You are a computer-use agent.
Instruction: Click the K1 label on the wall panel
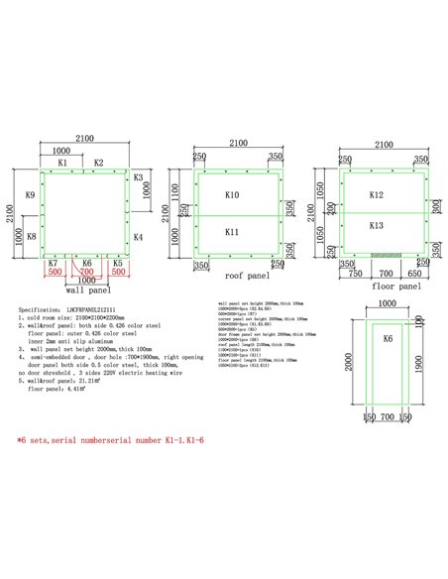(61, 162)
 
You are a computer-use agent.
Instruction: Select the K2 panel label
(98, 162)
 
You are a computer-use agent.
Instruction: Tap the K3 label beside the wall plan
(138, 178)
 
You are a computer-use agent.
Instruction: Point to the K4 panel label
(138, 237)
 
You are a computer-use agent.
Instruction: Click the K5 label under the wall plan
(118, 263)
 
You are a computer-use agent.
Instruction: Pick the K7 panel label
(53, 263)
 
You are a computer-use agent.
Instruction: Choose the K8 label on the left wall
(31, 236)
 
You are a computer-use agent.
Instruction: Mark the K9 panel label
(31, 196)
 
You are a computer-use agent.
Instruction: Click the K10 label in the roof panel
(232, 195)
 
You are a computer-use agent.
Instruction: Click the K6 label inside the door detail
(389, 339)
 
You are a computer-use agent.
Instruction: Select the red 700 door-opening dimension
(86, 271)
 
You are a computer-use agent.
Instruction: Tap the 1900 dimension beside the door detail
(428, 365)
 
